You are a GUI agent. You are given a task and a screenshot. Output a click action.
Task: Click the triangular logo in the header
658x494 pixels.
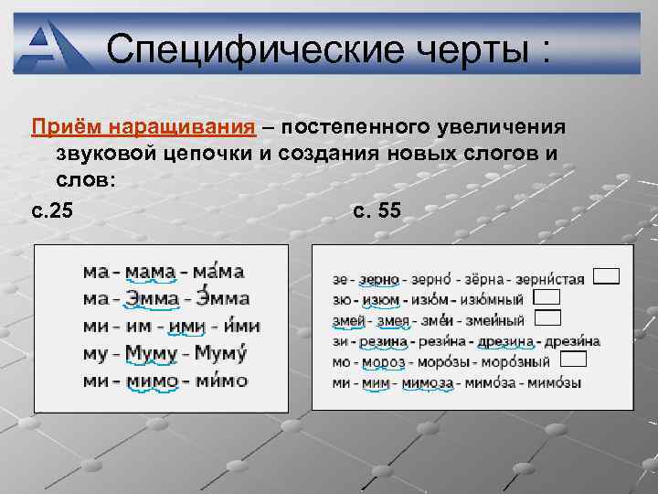click(56, 47)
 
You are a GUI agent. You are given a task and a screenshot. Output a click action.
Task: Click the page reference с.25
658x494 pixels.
click(51, 211)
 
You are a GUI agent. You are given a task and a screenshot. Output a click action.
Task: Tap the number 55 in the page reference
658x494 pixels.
click(388, 211)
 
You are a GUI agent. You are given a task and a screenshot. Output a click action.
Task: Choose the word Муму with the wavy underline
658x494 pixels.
click(151, 353)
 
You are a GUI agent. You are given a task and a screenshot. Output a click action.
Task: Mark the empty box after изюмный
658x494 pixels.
click(547, 297)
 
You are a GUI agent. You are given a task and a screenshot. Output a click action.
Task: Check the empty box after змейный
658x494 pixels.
click(547, 317)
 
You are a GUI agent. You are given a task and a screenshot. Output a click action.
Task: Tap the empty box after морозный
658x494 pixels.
click(572, 360)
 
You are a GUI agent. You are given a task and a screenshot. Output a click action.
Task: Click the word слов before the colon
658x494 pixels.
click(80, 180)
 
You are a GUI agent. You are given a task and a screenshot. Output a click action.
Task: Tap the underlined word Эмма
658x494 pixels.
click(153, 298)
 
